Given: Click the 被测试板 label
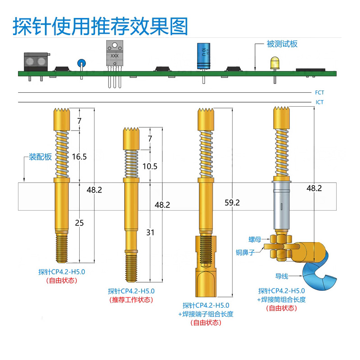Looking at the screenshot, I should point(282,44).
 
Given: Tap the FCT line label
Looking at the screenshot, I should point(319,93).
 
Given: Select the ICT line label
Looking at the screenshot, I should point(319,102).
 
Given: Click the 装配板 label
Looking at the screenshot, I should point(40,157).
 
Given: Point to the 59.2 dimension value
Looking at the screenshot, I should point(232,202).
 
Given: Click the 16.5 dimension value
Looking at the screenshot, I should point(79,157).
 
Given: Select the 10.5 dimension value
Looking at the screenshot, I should point(150,166).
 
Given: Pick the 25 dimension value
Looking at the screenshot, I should point(80,222).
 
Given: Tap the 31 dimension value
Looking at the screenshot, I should point(150,232).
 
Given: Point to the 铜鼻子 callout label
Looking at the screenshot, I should point(246,252).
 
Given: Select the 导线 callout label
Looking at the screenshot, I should point(282,276).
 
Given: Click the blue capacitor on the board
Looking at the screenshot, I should point(203,56).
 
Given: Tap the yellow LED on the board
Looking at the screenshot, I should point(274,63).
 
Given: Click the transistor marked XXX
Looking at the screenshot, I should point(114,55).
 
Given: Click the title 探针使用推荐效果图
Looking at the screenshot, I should point(100,27).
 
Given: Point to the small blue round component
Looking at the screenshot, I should point(81,63).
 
